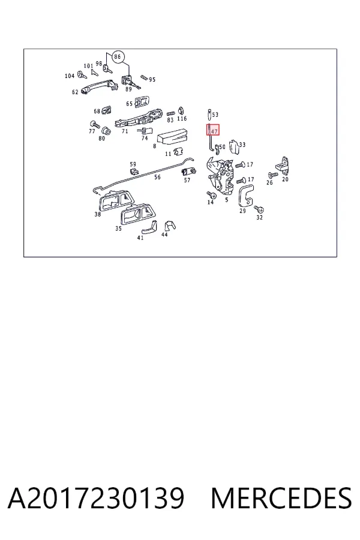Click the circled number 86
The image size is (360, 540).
coord(118,56)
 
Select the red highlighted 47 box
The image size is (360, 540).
coord(213,130)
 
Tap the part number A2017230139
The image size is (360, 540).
coord(96,498)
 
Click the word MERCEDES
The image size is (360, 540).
coord(281,498)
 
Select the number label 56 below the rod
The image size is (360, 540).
coord(157,177)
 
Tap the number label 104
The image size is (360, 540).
coord(70,76)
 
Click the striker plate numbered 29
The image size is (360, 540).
coord(246,195)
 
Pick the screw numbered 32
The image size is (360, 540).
coord(259,209)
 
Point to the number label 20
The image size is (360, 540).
coord(285,179)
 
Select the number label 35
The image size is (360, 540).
coord(119,229)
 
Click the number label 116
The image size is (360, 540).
coord(182,118)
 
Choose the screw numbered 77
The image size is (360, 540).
coord(94,124)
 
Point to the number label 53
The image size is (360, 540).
coord(215,115)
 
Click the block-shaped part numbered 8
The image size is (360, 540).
coord(172,135)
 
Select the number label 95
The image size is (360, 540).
coord(152,80)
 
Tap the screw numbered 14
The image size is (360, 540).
coord(212,195)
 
